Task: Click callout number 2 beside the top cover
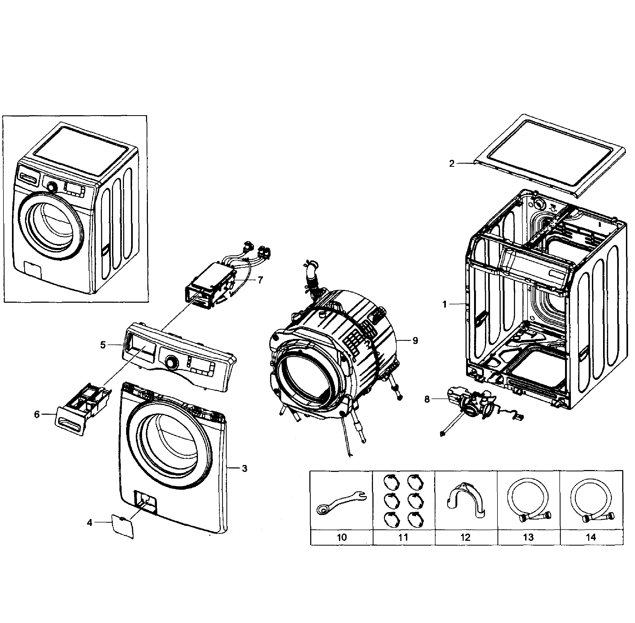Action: (x=452, y=164)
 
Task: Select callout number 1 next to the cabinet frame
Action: (x=444, y=304)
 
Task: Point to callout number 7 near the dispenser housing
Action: (x=260, y=280)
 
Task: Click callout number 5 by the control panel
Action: (x=103, y=345)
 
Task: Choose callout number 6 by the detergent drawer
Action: (x=37, y=414)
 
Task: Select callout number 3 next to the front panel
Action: (x=244, y=468)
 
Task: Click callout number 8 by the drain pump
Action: (x=427, y=400)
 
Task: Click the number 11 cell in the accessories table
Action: (x=403, y=537)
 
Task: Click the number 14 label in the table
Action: (x=591, y=537)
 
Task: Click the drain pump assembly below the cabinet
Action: (x=474, y=404)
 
